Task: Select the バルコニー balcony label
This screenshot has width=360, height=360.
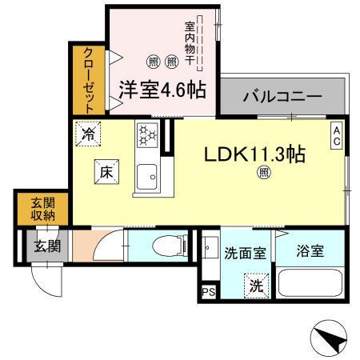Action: pyautogui.click(x=282, y=97)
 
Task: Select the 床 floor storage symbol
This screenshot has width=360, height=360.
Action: pyautogui.click(x=106, y=170)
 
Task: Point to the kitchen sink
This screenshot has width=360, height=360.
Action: pyautogui.click(x=147, y=176)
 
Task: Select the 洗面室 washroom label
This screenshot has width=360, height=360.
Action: pyautogui.click(x=243, y=252)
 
